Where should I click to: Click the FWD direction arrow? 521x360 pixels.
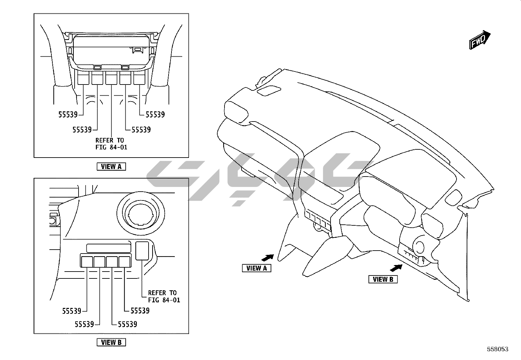[480, 40]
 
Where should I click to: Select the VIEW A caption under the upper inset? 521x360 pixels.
[111, 166]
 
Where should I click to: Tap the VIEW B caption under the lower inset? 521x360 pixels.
[111, 342]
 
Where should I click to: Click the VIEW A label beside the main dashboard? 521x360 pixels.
[257, 268]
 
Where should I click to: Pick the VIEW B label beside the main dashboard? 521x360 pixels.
[383, 279]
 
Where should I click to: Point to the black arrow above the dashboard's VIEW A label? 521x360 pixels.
[268, 257]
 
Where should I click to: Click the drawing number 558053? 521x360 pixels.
[497, 349]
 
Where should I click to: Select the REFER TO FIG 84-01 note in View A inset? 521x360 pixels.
[111, 144]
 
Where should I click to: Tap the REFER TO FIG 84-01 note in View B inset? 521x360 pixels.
[164, 296]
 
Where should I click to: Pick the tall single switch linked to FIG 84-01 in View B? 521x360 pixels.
[142, 251]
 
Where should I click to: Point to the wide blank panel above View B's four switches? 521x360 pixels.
[109, 248]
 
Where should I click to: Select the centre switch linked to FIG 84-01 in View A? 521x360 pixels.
[111, 79]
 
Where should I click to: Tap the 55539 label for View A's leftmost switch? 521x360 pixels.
[68, 115]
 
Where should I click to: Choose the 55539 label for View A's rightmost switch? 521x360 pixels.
[155, 115]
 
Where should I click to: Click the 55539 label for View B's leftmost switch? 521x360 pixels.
[72, 311]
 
